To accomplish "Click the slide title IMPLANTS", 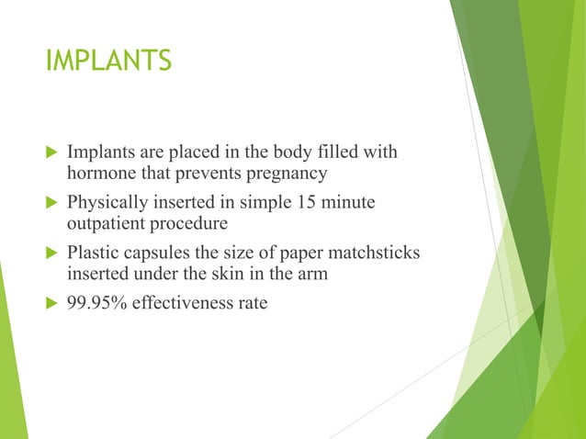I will [x=108, y=61].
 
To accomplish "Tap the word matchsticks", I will [x=374, y=253].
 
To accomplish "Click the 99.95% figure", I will [x=96, y=302].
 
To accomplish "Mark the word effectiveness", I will [x=182, y=302].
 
